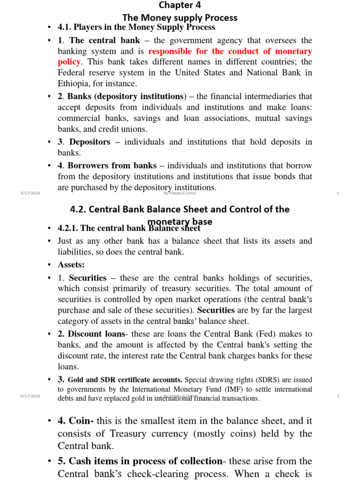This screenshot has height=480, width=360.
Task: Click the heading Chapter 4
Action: point(180,5)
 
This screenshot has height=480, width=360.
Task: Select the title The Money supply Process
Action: point(180,18)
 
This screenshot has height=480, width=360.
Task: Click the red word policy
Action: point(69,62)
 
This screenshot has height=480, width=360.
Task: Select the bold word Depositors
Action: point(90,142)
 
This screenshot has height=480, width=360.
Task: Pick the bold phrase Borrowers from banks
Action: point(112,165)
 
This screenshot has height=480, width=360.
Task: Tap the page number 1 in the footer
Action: point(338,193)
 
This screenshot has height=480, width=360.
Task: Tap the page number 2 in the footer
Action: point(338,396)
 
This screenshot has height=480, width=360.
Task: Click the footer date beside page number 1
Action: point(30,193)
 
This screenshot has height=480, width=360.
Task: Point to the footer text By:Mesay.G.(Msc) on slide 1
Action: point(180,193)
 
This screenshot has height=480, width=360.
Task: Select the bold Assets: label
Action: point(71,265)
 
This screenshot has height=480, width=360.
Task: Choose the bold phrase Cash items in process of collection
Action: point(145,461)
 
